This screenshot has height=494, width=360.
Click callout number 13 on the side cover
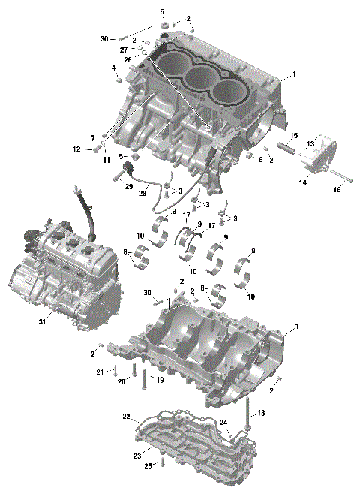pos(310,143)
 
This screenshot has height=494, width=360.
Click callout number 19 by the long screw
pos(159,381)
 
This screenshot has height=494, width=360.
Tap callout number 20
pos(121,382)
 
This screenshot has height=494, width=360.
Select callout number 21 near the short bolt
pos(100,372)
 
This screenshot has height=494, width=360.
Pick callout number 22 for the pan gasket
pos(127,416)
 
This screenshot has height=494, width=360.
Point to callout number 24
pos(223,423)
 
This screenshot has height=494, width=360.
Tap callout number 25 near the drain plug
pos(148,466)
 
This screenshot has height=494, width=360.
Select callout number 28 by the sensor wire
pos(142,193)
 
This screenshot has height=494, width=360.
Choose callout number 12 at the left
pos(76,149)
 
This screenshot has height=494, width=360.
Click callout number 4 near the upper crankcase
pos(114,68)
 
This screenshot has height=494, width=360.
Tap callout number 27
pos(124,49)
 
